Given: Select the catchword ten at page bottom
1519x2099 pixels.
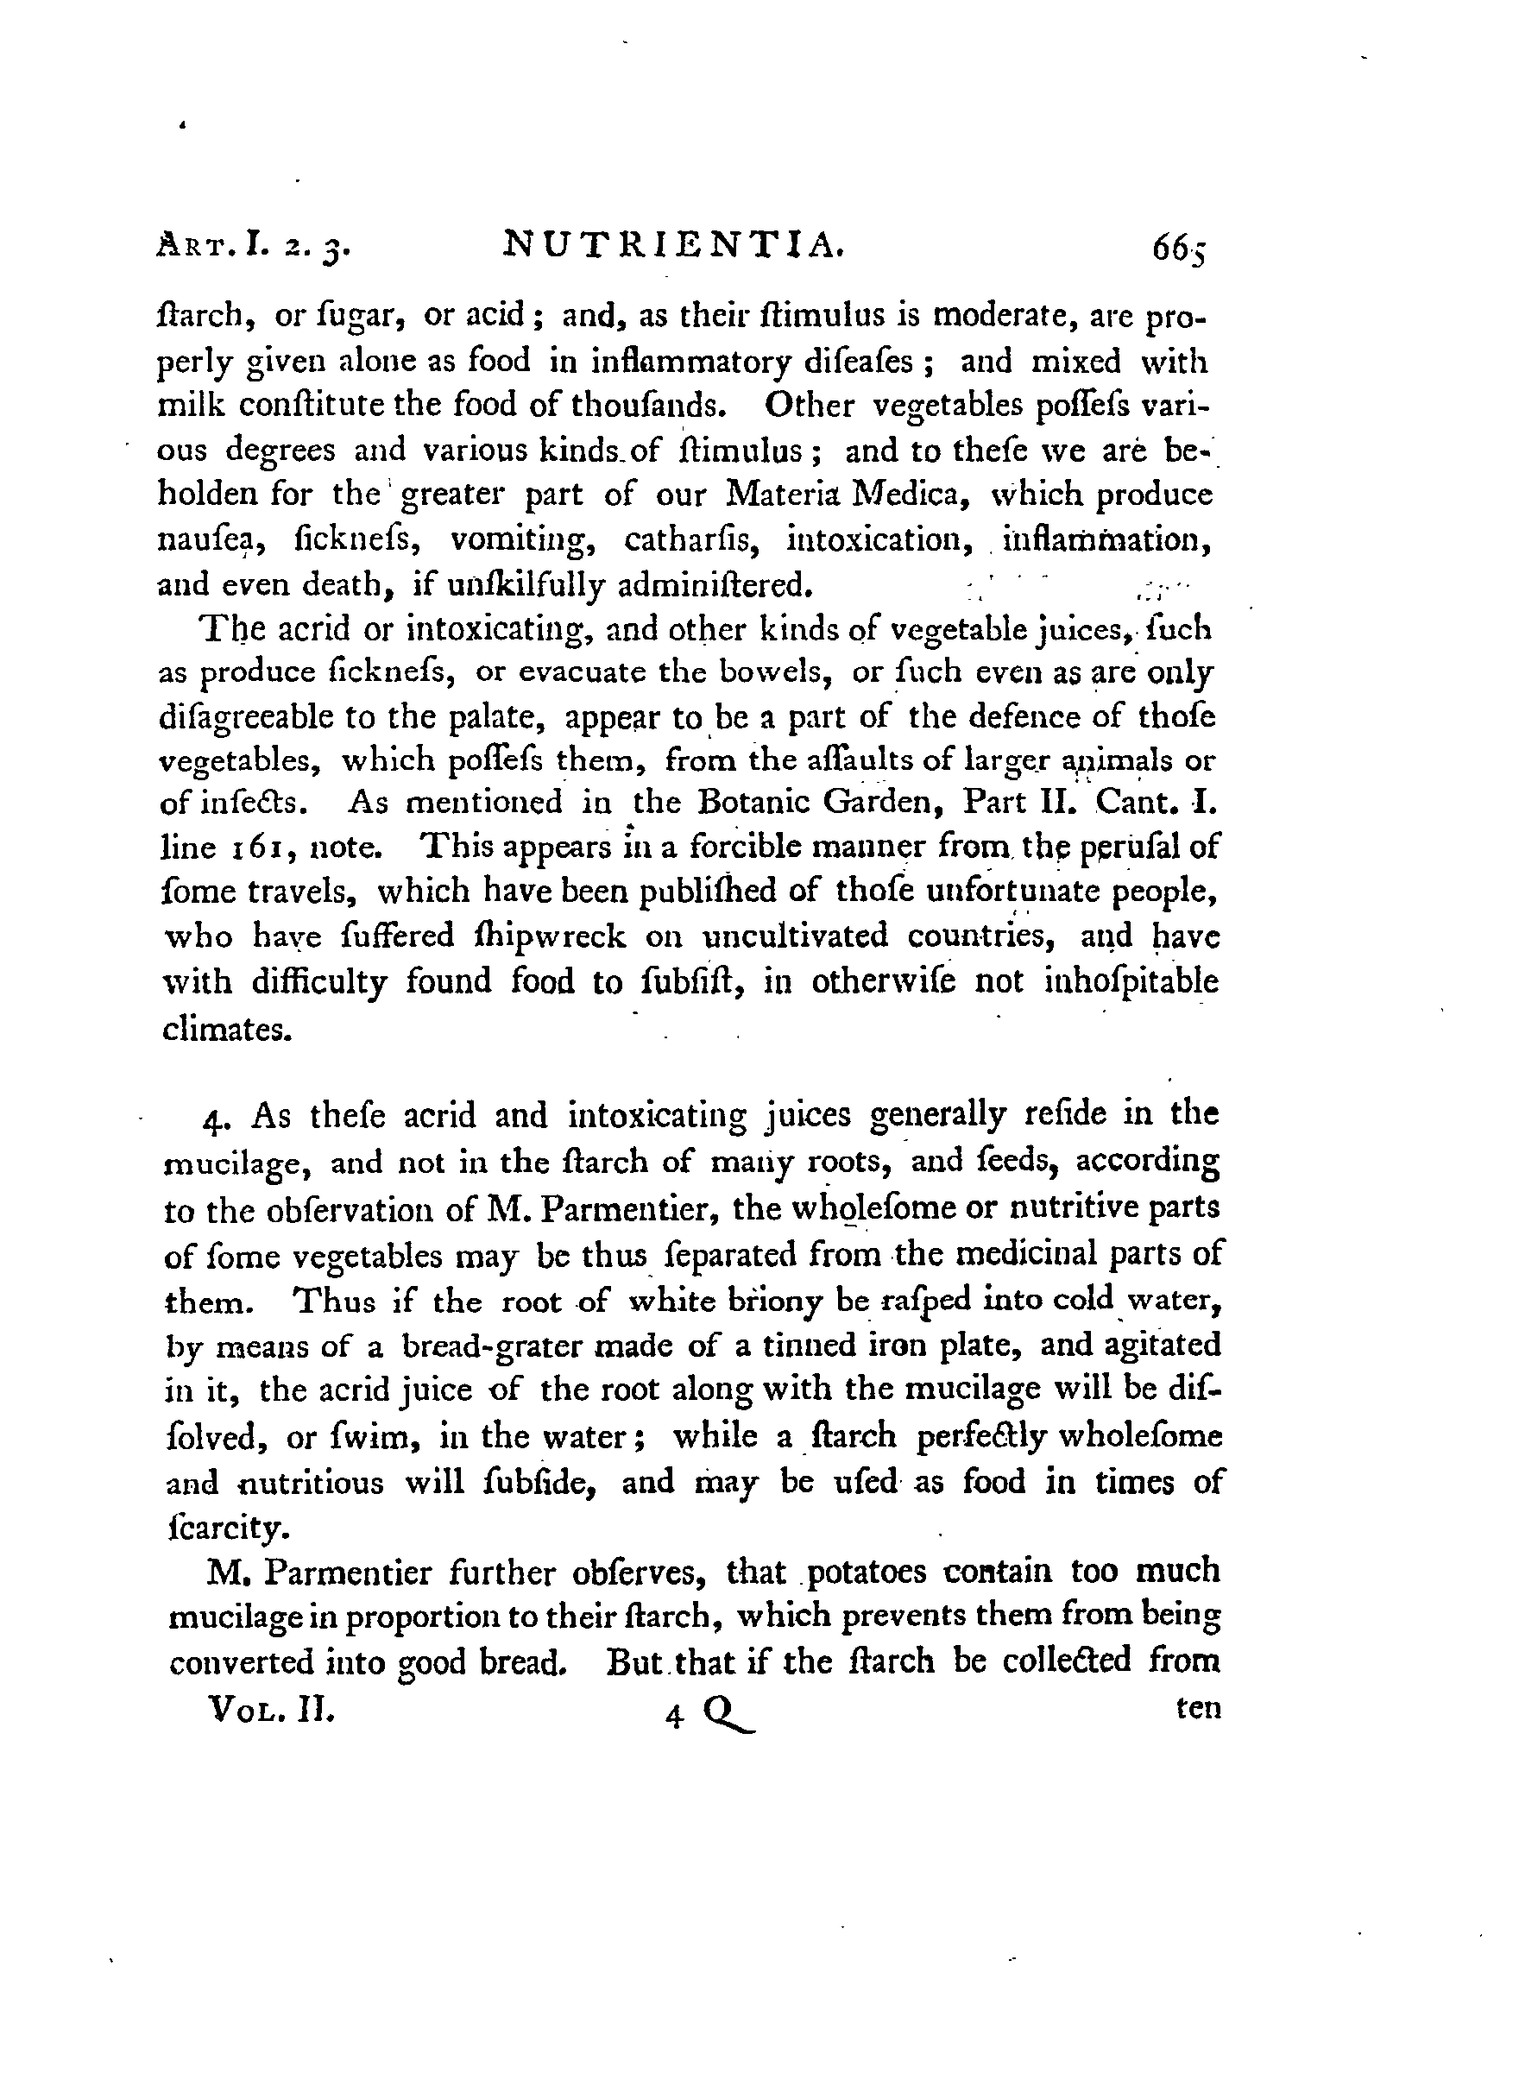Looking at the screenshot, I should [1198, 1708].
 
